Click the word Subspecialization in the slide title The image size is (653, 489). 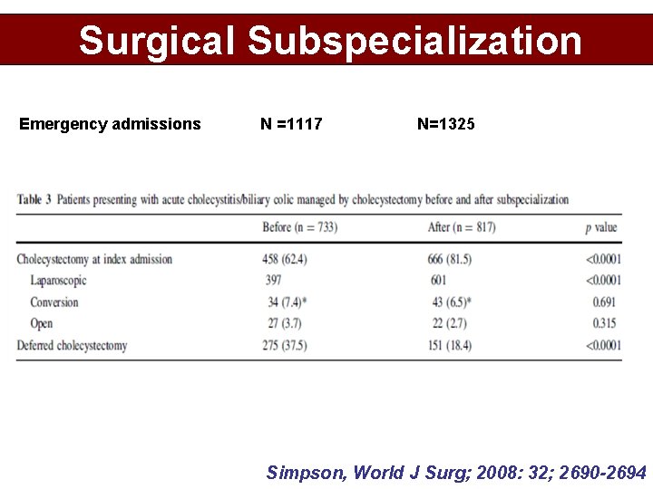[414, 41]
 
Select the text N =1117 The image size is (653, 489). [291, 124]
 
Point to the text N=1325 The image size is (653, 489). [445, 124]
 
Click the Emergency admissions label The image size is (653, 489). [110, 124]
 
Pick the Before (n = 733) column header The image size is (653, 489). [299, 226]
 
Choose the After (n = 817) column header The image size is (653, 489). [462, 226]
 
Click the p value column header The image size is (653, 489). [601, 226]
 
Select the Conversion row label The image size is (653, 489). [54, 302]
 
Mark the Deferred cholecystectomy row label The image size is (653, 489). [72, 345]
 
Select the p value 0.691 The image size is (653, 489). [604, 302]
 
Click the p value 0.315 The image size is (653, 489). [604, 323]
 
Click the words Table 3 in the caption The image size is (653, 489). [34, 199]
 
